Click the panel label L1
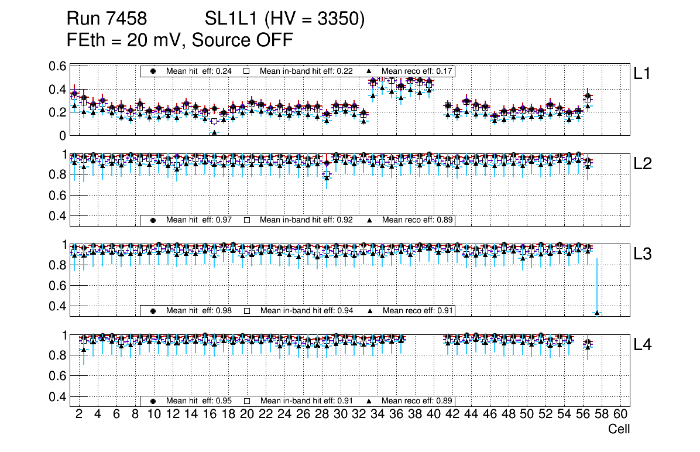(643, 74)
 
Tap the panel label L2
(643, 164)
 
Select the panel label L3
(643, 254)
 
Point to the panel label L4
(643, 345)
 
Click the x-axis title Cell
(619, 429)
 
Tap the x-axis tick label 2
(79, 414)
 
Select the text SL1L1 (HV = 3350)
(285, 19)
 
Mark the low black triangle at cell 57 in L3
(597, 313)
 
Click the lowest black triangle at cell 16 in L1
(214, 132)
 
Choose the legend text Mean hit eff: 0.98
(199, 310)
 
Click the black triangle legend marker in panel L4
(370, 401)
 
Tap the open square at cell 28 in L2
(327, 174)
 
